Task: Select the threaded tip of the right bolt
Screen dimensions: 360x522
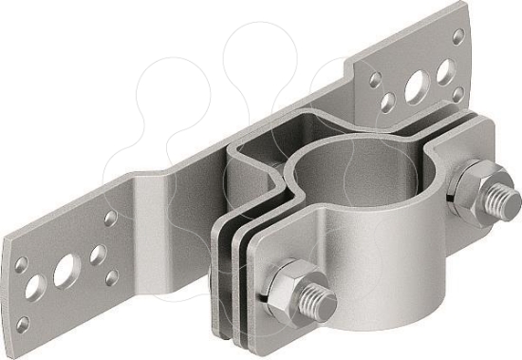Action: coord(495,203)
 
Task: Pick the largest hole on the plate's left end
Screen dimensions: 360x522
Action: coord(65,274)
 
